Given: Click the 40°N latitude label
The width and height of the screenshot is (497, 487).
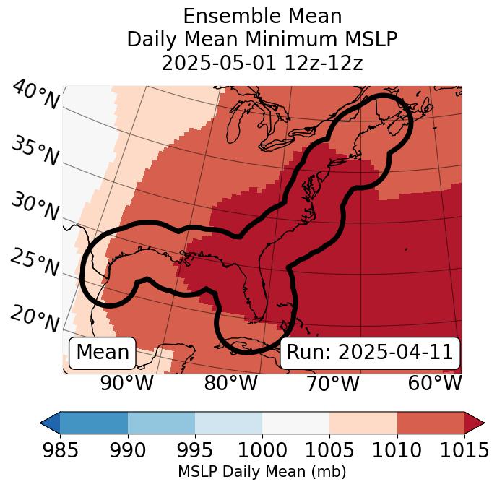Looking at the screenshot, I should click(35, 95).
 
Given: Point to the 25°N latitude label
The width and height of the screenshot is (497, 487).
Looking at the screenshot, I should click(34, 262).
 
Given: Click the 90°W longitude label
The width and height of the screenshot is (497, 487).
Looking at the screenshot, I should click(126, 383).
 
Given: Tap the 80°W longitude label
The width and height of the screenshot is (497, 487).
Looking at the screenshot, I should click(230, 383).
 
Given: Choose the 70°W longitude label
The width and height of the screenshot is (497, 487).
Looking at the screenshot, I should click(332, 383).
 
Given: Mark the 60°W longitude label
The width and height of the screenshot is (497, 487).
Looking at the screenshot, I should click(435, 383).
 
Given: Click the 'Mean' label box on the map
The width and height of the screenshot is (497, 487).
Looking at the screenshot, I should click(103, 353).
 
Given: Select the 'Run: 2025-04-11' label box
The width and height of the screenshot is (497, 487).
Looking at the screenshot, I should click(370, 353).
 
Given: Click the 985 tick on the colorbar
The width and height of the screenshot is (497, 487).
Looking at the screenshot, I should click(60, 450).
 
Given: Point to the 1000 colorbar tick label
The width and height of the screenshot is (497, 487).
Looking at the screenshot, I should click(262, 450).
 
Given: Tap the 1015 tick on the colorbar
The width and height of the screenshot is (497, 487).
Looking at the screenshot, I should click(464, 450).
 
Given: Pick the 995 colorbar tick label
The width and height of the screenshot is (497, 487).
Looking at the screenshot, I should click(195, 450).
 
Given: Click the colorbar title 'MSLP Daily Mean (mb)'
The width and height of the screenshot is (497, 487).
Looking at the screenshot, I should click(262, 473).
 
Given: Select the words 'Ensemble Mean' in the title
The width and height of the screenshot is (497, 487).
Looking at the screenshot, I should click(262, 16).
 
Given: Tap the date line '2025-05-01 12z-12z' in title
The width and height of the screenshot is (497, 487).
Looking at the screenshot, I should click(262, 63).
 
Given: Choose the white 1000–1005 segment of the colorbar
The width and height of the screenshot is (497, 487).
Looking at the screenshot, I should click(295, 422).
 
